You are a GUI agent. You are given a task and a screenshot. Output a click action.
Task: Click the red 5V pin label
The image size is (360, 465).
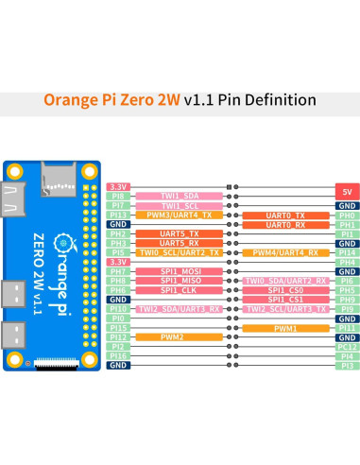tap(347, 187)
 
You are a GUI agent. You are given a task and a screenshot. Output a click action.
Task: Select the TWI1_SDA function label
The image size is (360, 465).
tap(178, 197)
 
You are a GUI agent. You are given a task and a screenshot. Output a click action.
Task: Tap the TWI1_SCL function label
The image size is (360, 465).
tap(178, 206)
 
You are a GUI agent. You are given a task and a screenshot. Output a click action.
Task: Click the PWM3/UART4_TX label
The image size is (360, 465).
tap(180, 215)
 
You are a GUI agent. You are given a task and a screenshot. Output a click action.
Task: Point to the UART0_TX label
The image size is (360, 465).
tap(285, 215)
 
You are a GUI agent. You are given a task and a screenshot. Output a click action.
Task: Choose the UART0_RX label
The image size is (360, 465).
tap(285, 225)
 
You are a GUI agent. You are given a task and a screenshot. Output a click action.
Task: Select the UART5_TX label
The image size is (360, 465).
tap(180, 233)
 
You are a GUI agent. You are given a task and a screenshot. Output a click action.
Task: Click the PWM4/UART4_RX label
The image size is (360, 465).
tap(285, 252)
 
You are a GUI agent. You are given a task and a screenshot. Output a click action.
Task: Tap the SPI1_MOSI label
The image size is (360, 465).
tap(178, 271)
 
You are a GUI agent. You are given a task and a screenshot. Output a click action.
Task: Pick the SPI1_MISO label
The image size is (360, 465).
tap(178, 281)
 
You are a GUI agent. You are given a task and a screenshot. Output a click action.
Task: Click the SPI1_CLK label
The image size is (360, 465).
tap(178, 290)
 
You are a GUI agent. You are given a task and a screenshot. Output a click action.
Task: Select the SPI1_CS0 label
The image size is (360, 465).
tap(285, 290)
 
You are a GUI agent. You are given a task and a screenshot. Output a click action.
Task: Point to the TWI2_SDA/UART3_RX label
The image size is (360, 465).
tap(180, 309)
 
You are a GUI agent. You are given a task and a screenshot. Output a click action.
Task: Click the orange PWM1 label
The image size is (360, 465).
tap(285, 327)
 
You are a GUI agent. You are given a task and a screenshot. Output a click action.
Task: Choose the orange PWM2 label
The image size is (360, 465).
tap(180, 336)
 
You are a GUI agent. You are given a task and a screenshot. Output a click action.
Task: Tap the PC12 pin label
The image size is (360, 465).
tap(347, 346)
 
